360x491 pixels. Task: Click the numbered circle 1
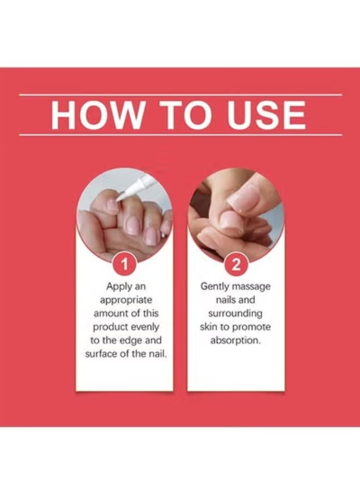[125, 265]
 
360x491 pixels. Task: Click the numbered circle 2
[236, 265]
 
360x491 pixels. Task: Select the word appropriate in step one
[126, 300]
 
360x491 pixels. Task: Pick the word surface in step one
[99, 354]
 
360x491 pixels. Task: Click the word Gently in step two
[214, 287]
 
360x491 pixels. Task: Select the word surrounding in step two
[236, 314]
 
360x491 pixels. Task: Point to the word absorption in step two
[236, 340]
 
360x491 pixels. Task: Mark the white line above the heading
[181, 94]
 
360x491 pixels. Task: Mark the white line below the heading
[181, 135]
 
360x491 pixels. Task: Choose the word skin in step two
[208, 327]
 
